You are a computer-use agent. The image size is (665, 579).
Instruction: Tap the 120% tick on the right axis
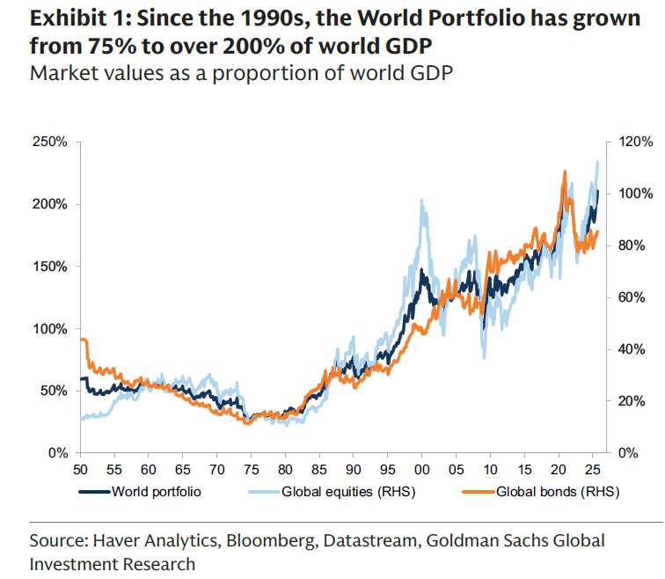(x=633, y=142)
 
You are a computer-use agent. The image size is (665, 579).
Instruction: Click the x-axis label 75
(x=251, y=470)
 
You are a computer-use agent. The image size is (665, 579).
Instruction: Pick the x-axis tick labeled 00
(x=422, y=470)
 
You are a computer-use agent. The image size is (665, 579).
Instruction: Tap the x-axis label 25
(x=593, y=470)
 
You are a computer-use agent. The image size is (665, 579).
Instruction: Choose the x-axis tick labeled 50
(x=80, y=470)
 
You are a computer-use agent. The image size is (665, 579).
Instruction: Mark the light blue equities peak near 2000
(x=422, y=201)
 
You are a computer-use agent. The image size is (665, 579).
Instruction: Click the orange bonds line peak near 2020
(x=564, y=172)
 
